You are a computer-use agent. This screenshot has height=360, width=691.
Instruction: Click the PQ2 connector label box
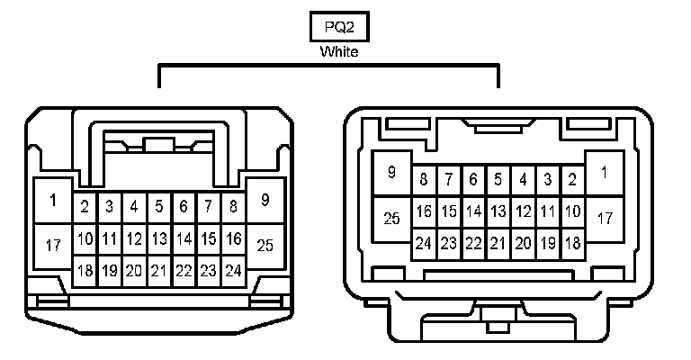coord(338,26)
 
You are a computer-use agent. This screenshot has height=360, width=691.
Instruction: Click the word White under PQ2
coord(339,51)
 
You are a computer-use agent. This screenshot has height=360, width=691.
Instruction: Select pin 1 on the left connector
coord(53,201)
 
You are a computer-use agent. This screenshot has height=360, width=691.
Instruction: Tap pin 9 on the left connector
coord(265,201)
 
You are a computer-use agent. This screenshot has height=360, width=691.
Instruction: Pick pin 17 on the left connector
coord(53,245)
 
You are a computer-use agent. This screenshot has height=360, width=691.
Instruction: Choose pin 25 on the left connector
coord(265,245)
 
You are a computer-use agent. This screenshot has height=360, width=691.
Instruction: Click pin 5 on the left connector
coord(159,207)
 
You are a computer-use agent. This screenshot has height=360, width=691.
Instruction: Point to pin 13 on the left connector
coord(159,238)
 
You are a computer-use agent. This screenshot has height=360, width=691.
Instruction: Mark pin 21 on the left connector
coord(159,270)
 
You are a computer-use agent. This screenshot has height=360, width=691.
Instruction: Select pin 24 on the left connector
coord(234,270)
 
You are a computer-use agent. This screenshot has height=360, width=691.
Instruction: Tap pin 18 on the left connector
coord(85,270)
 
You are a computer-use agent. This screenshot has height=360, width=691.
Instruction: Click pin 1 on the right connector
coord(605,172)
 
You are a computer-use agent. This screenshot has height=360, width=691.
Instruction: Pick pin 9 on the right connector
coord(392,172)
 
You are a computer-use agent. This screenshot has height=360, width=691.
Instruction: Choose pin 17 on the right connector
coord(605,218)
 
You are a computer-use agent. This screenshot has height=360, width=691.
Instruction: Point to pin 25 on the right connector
coord(392,218)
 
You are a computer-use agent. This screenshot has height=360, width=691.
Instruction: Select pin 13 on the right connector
coord(498,211)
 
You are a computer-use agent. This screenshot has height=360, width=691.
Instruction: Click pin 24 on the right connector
coord(423,243)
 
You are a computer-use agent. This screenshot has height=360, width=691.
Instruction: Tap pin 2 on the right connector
coord(571,179)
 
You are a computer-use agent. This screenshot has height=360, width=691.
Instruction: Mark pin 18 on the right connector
coord(571,243)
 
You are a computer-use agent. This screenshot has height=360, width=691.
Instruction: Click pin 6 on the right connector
coord(472,179)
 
